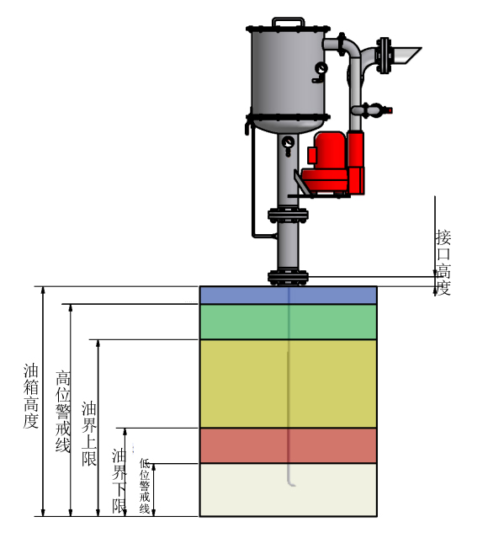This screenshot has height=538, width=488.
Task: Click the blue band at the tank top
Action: pyautogui.click(x=288, y=295)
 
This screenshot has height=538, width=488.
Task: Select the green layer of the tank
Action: pyautogui.click(x=288, y=322)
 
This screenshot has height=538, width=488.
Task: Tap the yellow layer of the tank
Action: pyautogui.click(x=288, y=384)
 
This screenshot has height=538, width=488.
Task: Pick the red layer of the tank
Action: pyautogui.click(x=288, y=445)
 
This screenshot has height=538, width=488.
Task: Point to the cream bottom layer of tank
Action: pyautogui.click(x=288, y=490)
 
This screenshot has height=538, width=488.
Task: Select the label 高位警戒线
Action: pyautogui.click(x=63, y=411)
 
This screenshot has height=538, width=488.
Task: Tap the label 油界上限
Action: pyautogui.click(x=89, y=434)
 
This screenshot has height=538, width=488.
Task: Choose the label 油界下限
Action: pyautogui.click(x=119, y=481)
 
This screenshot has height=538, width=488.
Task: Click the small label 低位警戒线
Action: pyautogui.click(x=145, y=486)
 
